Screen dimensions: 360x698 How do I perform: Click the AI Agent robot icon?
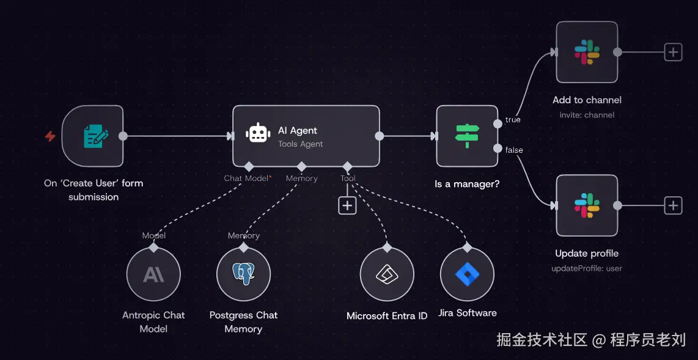coord(258,133)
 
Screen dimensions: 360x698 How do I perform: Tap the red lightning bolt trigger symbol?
coord(50,136)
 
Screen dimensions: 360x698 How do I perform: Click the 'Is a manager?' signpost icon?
coord(466,136)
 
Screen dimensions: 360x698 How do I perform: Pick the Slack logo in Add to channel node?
coord(587,52)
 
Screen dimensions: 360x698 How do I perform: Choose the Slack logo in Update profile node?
coord(587,205)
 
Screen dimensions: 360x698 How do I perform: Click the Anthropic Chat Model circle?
coord(153,274)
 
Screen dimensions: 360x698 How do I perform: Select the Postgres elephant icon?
coord(243,274)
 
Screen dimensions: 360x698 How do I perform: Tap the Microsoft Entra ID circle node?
coord(387,274)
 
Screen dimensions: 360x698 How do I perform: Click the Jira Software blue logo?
coord(467,274)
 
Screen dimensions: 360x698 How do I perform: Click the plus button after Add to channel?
coord(673,52)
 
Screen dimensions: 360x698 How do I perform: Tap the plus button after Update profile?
coord(673,205)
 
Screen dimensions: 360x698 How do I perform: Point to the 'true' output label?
coord(513,120)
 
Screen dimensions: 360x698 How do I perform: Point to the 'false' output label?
coord(514,150)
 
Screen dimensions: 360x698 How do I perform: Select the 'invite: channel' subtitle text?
coord(587,115)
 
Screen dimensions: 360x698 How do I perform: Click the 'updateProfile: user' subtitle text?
coord(587,268)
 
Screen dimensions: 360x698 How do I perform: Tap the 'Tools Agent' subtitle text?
coord(300,144)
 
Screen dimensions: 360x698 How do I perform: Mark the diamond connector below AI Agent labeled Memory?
coord(301,166)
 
